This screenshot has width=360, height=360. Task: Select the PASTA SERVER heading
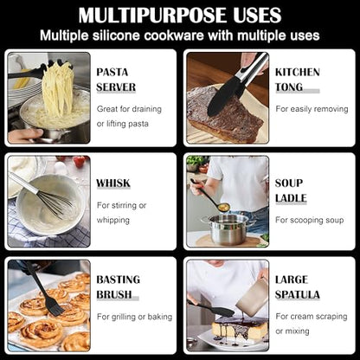click(116, 80)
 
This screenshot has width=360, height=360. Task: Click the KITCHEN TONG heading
click(298, 80)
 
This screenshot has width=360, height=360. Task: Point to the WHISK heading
click(113, 183)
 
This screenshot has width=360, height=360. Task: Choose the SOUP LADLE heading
click(291, 190)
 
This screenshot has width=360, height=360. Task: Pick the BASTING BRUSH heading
click(119, 287)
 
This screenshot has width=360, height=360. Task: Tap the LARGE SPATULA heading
click(298, 287)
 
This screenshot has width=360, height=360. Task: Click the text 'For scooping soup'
click(310, 220)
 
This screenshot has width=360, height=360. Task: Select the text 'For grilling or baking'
click(134, 317)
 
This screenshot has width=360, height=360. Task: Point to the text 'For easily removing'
click(312, 109)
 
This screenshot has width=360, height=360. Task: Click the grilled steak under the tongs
click(224, 114)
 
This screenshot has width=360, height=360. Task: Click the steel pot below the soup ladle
click(228, 229)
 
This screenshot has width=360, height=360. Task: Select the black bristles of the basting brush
click(55, 308)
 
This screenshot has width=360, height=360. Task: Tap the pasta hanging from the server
click(59, 89)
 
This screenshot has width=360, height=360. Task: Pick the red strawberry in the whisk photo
click(80, 162)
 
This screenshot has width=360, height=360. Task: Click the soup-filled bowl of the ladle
click(223, 207)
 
